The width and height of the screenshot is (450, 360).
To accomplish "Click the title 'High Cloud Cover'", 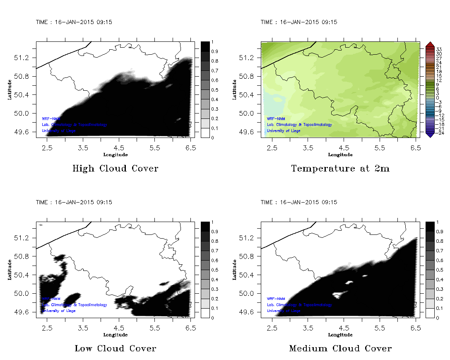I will tap(115, 169).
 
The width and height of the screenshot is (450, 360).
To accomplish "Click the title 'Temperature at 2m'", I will tap(340, 169).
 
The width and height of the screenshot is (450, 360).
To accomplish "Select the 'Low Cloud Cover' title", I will tap(115, 349).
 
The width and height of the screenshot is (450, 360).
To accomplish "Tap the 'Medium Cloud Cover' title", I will tap(340, 349).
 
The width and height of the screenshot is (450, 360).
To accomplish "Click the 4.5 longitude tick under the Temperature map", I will tap(344, 147).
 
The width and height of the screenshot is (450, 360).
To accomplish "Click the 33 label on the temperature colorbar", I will tap(439, 49).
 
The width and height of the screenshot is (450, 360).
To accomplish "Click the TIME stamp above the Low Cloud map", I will tap(74, 203).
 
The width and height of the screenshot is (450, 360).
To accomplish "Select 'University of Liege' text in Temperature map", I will tap(284, 131).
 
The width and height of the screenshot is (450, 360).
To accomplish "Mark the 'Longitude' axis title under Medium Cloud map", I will tap(340, 335).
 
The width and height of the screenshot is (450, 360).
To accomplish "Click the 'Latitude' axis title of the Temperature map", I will tap(234, 89).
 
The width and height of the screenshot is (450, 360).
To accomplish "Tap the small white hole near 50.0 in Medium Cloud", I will tap(339, 295).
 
